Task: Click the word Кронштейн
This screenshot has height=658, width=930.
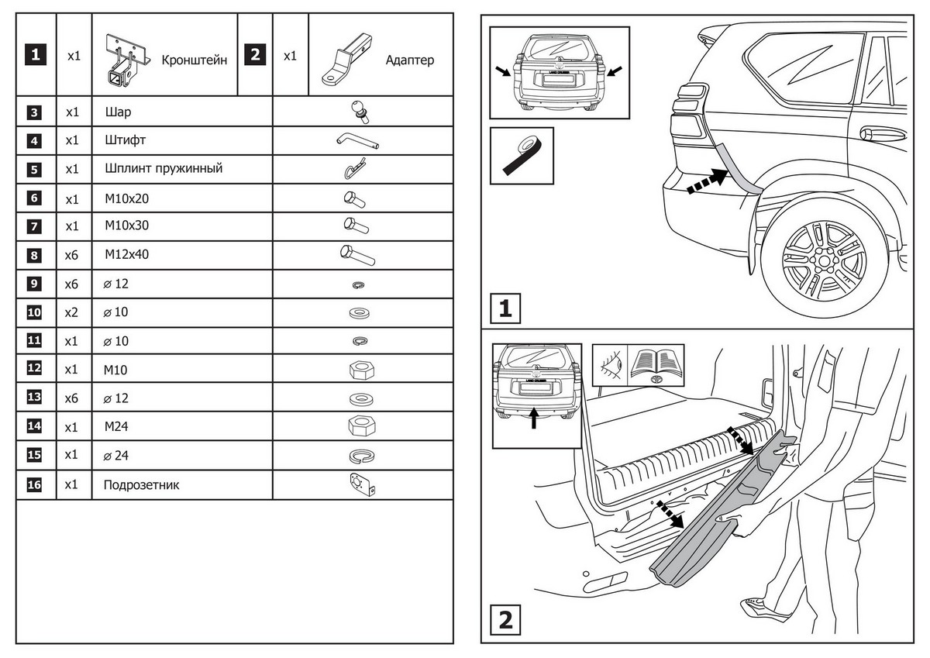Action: point(194,60)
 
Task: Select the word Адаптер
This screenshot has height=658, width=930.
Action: point(409,60)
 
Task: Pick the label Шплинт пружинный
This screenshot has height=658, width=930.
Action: point(164,168)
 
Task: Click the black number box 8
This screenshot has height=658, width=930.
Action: point(34,254)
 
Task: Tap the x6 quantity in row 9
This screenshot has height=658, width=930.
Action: point(72,284)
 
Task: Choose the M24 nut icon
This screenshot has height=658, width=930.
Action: point(362,426)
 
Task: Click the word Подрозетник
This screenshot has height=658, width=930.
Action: point(141,486)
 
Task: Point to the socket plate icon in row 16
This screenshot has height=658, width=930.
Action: point(362,484)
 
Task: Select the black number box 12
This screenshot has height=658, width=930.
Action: point(34,369)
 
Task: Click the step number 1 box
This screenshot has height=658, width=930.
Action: point(505,309)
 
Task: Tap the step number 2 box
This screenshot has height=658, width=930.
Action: point(505,620)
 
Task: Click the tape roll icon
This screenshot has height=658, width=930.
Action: point(522,155)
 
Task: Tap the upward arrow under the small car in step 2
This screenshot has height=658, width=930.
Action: point(534,419)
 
